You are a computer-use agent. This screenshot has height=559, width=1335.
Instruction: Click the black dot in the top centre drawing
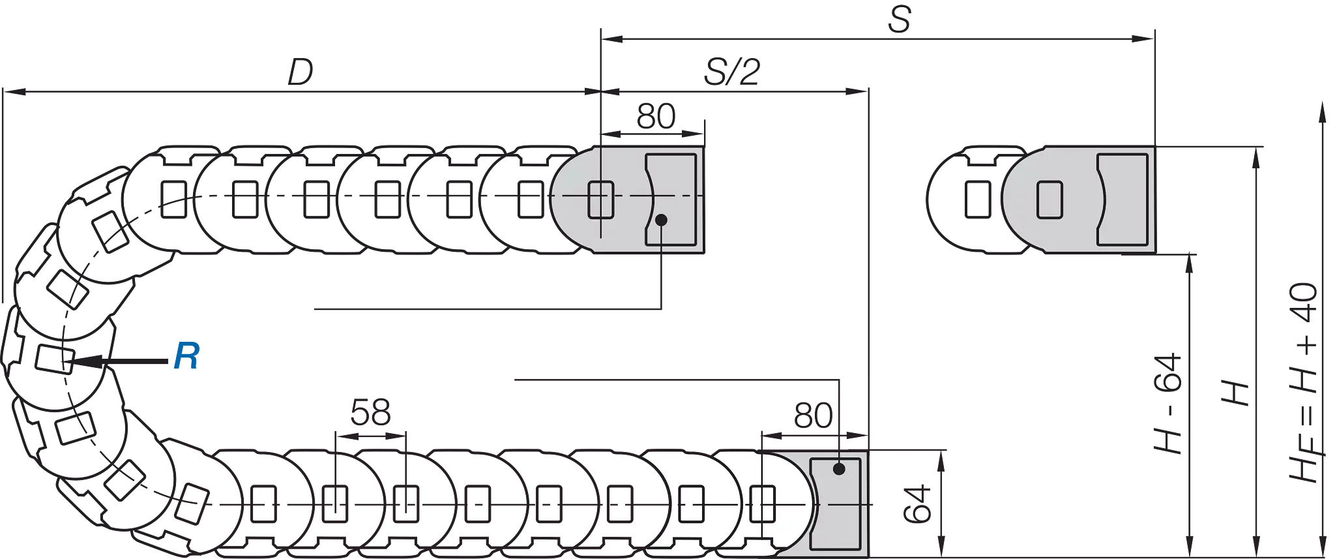(x=661, y=220)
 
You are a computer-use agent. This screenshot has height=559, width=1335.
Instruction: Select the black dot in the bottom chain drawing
(x=839, y=468)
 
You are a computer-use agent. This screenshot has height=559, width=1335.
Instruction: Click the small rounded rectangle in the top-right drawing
(x=1049, y=200)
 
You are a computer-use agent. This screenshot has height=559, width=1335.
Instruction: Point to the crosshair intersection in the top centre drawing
(x=600, y=196)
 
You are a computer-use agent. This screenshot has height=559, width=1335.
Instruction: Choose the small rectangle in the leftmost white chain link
(x=691, y=504)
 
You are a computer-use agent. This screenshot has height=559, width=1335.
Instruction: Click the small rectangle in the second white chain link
(x=762, y=504)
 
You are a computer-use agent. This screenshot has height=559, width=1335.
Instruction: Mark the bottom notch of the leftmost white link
(x=681, y=547)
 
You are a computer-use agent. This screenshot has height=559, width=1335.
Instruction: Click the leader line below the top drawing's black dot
(x=662, y=241)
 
